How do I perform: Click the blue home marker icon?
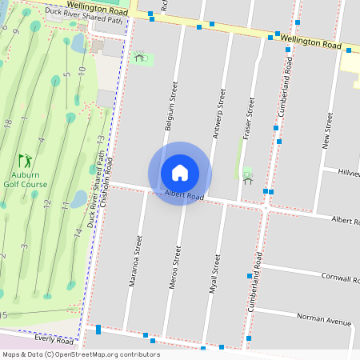(x=180, y=173)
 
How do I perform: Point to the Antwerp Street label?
(x=218, y=114)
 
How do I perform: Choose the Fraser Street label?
(x=250, y=116)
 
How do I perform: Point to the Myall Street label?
(x=214, y=274)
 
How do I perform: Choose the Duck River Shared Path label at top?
(x=84, y=19)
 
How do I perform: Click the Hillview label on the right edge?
(x=349, y=173)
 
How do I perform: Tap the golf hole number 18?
(x=7, y=124)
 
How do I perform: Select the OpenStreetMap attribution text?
(x=80, y=354)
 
